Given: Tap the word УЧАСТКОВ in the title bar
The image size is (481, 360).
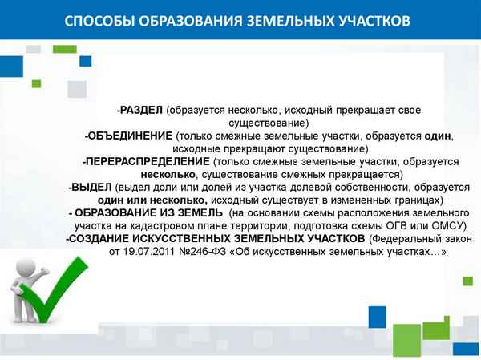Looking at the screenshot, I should (x=371, y=20).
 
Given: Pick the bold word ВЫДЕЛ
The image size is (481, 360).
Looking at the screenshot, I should (x=89, y=187).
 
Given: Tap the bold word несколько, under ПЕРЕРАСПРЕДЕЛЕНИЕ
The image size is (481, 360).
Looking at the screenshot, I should (x=167, y=174).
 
